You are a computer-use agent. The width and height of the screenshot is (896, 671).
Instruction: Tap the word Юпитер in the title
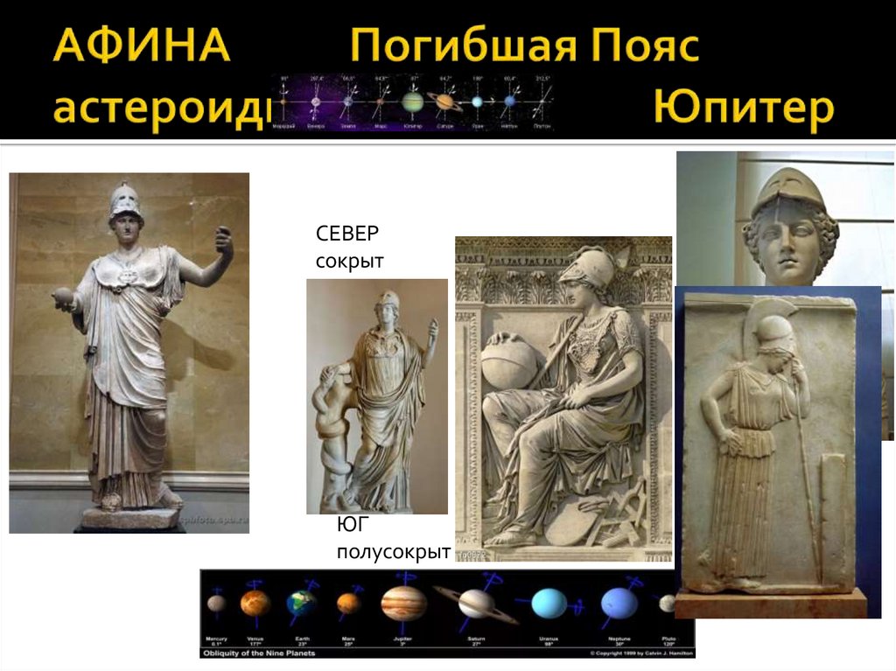pos(743,110)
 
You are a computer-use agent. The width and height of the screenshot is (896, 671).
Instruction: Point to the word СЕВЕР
pos(349,234)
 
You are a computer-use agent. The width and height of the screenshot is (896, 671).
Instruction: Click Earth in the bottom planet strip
pos(301,604)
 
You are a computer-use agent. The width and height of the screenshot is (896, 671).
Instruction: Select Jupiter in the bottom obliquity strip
pos(403,603)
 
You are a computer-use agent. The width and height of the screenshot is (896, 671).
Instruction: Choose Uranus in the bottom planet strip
pos(550,604)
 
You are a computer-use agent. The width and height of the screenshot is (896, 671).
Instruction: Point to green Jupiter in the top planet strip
pos(412,102)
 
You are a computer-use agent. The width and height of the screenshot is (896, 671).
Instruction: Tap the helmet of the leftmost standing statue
pos(125,201)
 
